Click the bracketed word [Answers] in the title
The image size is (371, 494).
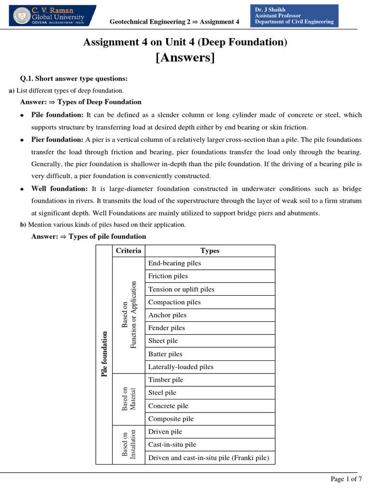[185, 58]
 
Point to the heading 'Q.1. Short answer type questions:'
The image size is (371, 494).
[74, 79]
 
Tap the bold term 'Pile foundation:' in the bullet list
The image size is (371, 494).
[57, 115]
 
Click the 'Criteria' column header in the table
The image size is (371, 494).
[128, 250]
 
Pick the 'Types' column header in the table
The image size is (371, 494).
[210, 250]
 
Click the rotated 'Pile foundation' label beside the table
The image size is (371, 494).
[104, 354]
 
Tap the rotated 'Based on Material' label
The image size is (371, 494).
[128, 398]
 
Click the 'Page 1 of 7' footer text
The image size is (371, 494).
[346, 479]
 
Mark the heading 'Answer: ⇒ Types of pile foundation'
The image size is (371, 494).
[88, 236]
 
